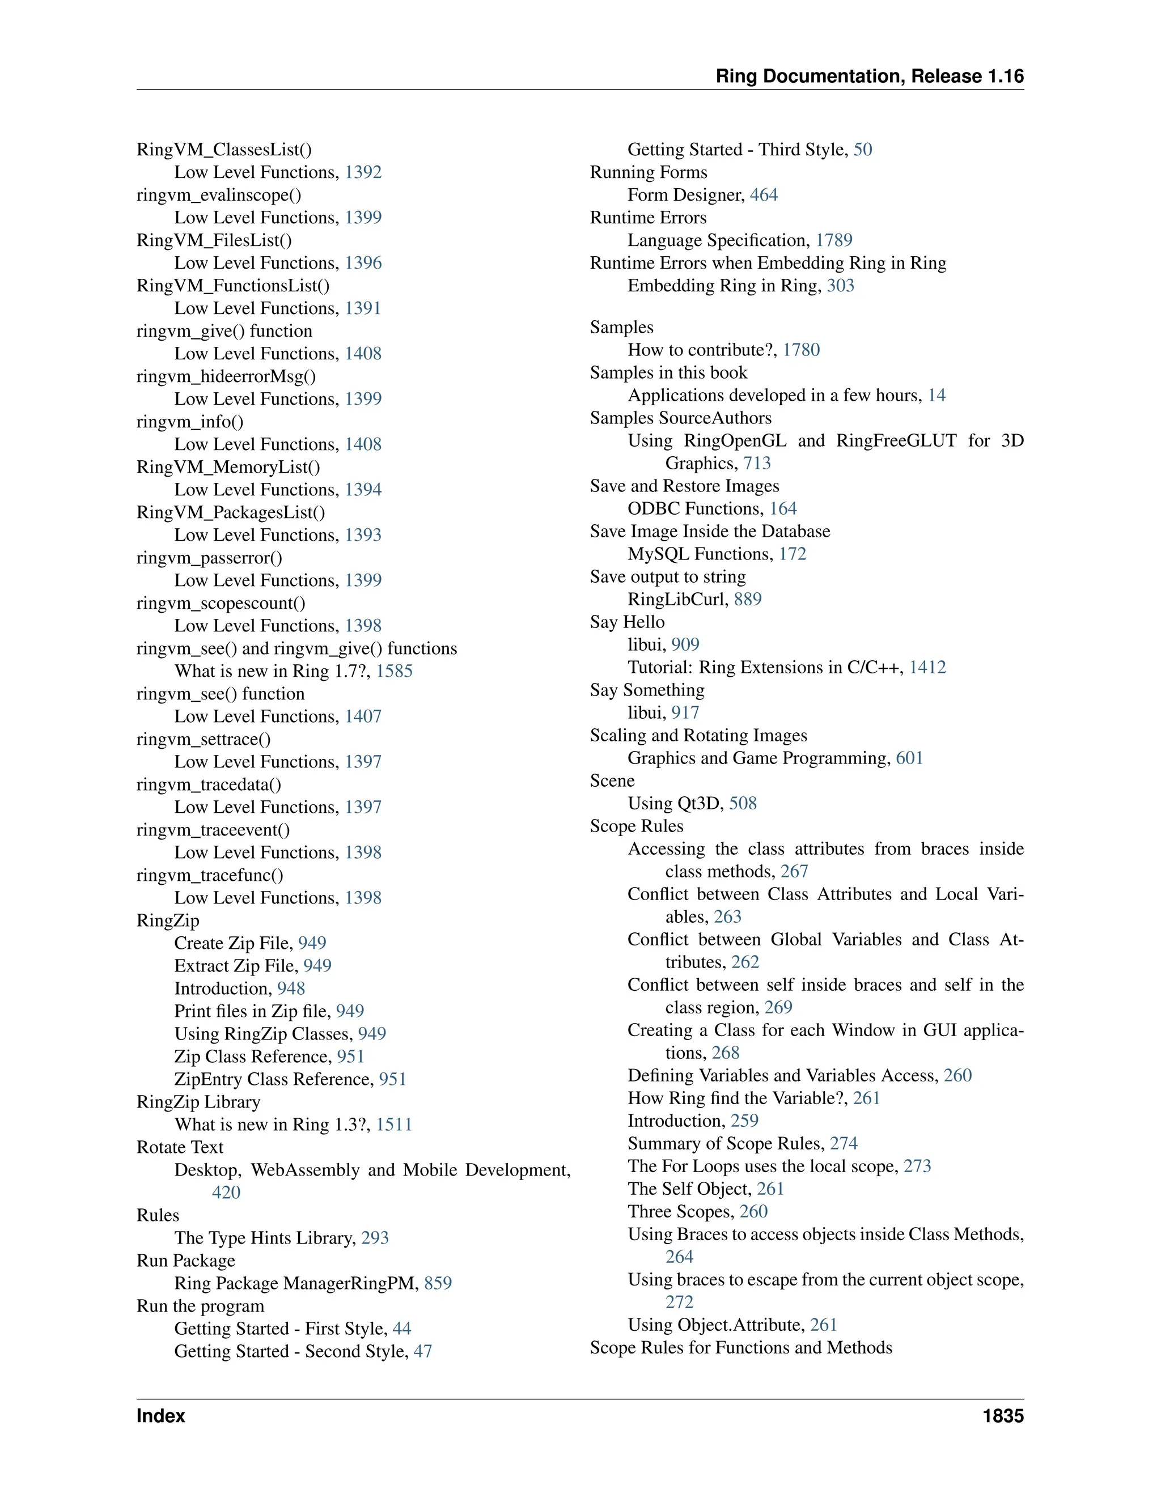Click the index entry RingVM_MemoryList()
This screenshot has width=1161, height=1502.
228,467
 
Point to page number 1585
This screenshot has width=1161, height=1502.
394,671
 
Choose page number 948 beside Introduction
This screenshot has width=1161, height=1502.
291,988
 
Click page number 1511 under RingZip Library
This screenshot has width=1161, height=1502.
394,1125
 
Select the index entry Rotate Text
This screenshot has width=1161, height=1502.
180,1147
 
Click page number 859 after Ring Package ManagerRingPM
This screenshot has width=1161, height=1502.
438,1283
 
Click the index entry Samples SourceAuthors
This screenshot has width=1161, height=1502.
680,418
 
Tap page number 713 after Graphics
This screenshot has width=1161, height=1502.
757,464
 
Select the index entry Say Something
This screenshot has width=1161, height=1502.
646,690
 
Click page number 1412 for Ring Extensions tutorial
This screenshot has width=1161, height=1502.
927,667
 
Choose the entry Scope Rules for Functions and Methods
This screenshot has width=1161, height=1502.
741,1347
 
